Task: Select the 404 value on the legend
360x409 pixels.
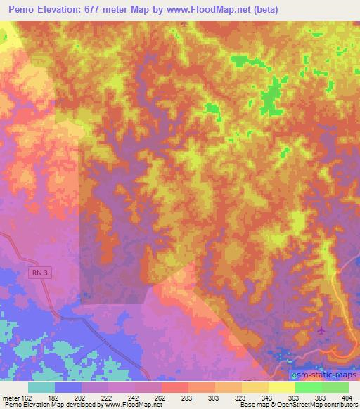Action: click(347, 398)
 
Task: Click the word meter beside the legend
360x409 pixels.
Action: click(11, 398)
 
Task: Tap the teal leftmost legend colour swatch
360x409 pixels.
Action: click(41, 387)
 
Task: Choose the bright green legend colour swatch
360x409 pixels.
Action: click(308, 387)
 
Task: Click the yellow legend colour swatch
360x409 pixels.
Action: click(281, 387)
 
